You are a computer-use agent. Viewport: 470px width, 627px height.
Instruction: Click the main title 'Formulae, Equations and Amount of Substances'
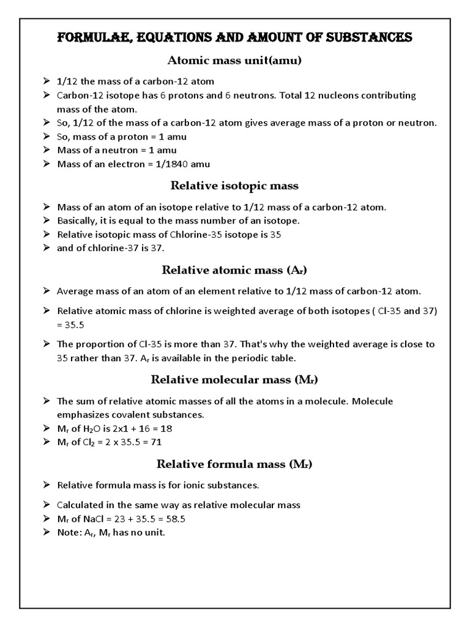pos(235,38)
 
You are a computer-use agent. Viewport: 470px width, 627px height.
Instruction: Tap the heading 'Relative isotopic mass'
pos(235,186)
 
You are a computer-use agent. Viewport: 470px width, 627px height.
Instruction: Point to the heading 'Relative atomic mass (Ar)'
pos(235,269)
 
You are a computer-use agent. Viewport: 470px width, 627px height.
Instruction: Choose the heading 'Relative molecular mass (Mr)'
pos(235,380)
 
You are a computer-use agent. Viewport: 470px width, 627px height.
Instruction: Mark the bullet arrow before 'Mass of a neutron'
pos(47,150)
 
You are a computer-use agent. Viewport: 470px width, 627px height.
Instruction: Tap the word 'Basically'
pos(77,220)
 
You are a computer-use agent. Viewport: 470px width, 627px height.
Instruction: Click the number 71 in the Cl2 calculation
pos(156,441)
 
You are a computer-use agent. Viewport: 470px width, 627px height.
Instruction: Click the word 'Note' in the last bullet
pos(68,532)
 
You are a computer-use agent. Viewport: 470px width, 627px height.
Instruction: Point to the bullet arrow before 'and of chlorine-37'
pos(47,248)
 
